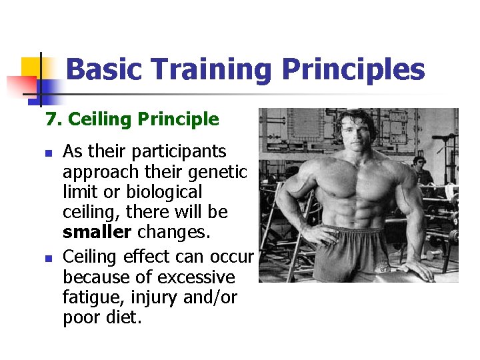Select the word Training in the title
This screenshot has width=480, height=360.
[212, 69]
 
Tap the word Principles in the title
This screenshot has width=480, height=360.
[353, 69]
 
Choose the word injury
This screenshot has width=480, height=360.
[155, 297]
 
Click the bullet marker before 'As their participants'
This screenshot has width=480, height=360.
[48, 153]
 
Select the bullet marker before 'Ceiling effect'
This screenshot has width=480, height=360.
[48, 257]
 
